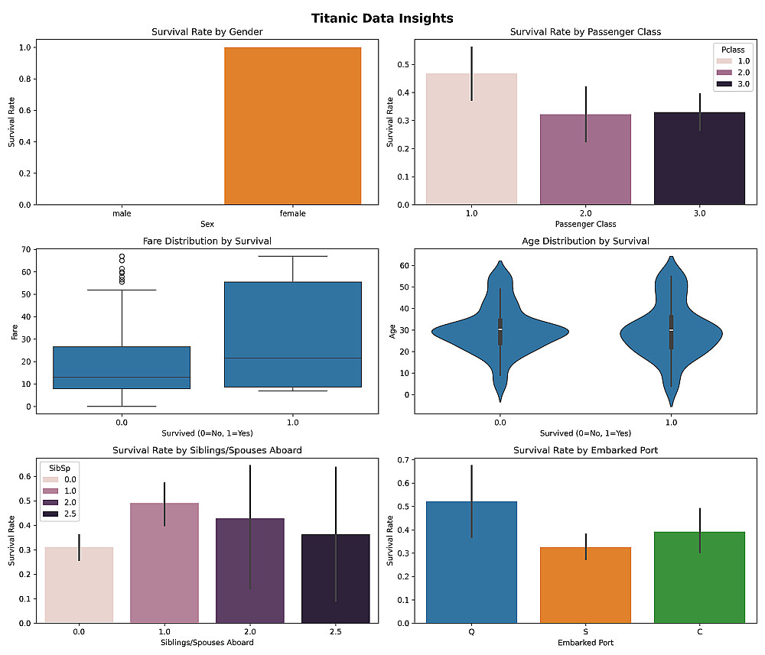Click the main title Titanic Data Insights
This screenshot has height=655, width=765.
(382, 18)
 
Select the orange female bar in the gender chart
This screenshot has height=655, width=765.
(292, 126)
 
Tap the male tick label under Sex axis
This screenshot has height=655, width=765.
(122, 214)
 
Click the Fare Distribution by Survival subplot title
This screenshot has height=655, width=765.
(207, 242)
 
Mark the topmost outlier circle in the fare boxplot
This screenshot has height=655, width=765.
(122, 257)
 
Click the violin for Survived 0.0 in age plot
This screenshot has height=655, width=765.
(500, 330)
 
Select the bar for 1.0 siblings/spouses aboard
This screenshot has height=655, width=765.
(164, 563)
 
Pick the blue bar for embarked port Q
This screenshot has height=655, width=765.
(472, 562)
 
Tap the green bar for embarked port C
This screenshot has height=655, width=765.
(699, 577)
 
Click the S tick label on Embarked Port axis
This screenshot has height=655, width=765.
(585, 632)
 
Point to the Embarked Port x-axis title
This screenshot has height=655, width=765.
(585, 643)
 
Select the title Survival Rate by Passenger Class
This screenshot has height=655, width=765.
(585, 32)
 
